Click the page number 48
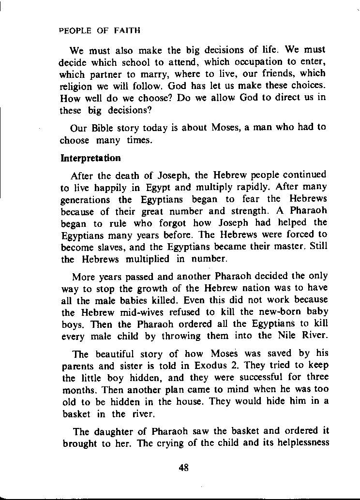pyautogui.click(x=183, y=468)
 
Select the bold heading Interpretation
pyautogui.click(x=90, y=158)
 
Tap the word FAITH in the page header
pyautogui.click(x=127, y=30)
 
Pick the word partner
pyautogui.click(x=115, y=74)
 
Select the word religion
pyautogui.click(x=75, y=86)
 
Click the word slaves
pyautogui.click(x=109, y=247)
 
